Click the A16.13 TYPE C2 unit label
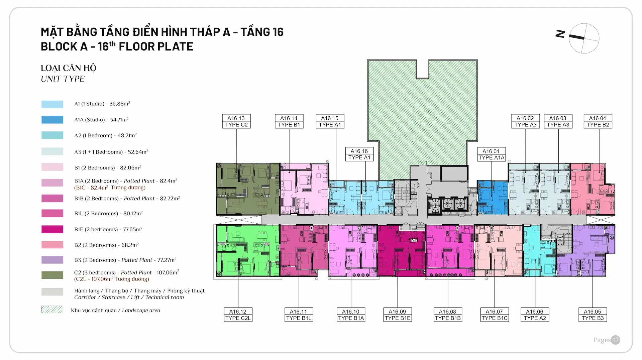236,121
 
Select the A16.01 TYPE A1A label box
491,154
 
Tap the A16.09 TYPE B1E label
397,315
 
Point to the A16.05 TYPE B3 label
593,315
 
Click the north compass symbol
583,38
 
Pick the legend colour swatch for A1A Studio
52,120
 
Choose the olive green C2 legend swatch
52,275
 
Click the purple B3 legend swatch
52,260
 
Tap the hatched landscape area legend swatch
52,310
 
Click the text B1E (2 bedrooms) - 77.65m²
108,229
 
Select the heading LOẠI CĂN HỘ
68,68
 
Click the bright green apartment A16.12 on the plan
247,251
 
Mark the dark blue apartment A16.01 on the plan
492,198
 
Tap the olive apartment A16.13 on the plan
247,189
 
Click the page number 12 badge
616,340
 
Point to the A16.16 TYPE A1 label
359,154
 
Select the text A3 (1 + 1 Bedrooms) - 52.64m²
111,152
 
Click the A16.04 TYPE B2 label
598,121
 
